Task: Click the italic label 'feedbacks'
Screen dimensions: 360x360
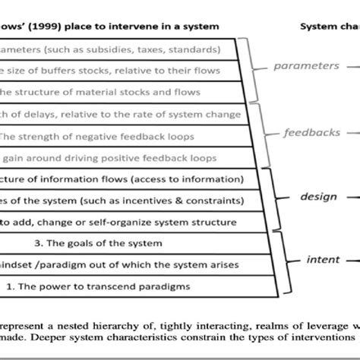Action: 312,131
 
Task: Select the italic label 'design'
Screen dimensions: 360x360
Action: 317,195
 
